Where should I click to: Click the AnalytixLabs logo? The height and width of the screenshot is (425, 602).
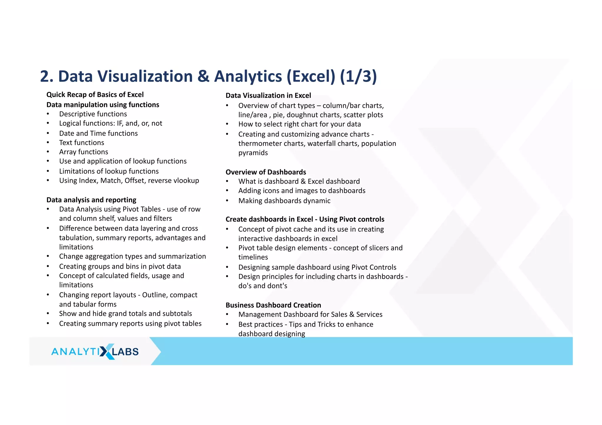(x=95, y=351)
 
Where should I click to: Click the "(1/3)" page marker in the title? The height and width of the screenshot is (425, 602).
(x=358, y=76)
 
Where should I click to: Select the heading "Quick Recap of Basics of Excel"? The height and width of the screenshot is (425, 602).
(x=95, y=95)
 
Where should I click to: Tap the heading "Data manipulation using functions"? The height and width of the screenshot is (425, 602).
(x=103, y=105)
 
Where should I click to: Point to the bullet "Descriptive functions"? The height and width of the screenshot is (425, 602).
(x=93, y=114)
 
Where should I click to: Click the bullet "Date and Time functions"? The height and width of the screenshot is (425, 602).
(x=98, y=133)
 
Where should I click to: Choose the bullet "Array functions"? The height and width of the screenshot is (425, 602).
(x=83, y=152)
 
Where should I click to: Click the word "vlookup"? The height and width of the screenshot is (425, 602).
(x=186, y=180)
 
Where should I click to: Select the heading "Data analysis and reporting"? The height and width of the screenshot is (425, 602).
(x=91, y=200)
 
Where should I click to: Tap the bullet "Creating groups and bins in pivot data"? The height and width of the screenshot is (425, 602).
(x=120, y=266)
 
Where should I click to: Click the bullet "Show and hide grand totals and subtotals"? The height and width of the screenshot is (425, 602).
(x=125, y=313)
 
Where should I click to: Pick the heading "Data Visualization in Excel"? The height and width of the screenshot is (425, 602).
(x=268, y=95)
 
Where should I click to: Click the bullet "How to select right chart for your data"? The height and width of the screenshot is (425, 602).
(x=299, y=124)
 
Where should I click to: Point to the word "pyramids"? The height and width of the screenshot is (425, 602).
(x=253, y=153)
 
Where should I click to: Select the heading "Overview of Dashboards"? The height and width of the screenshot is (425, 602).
(x=266, y=172)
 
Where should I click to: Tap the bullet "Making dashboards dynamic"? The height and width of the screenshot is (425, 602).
(x=284, y=201)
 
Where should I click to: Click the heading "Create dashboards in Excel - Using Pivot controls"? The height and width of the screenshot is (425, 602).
(x=305, y=219)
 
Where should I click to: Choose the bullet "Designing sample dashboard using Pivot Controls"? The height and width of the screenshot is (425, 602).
(x=317, y=267)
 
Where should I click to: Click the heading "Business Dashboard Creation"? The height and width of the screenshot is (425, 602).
(x=273, y=305)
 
